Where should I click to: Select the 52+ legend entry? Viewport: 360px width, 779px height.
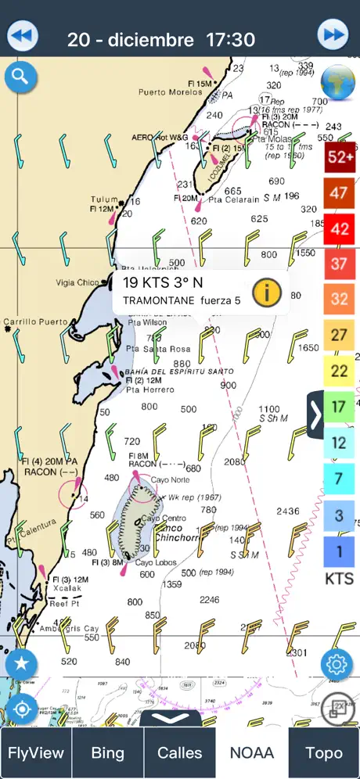tap(339, 156)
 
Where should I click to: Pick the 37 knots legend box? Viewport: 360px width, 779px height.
tap(339, 263)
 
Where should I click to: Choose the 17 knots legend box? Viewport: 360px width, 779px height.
tap(339, 407)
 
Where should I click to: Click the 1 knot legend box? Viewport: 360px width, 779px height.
tap(339, 551)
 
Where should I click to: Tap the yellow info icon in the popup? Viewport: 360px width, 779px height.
tap(267, 293)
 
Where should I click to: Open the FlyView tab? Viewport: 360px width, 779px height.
tap(36, 753)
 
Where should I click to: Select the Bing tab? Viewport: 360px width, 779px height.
tap(107, 753)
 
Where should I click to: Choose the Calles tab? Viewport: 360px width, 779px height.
tap(180, 753)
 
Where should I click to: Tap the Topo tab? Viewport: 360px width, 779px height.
tap(323, 753)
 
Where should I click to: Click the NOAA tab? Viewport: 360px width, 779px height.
tap(252, 753)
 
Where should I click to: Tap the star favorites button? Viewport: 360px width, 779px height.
tap(21, 664)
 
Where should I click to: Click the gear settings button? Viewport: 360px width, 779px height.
tap(336, 664)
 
